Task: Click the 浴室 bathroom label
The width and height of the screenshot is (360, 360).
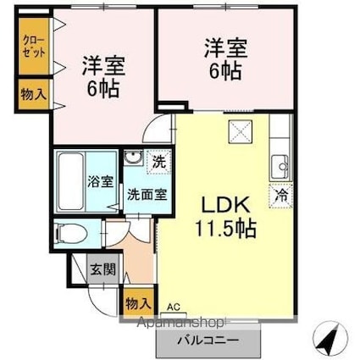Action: (x=96, y=180)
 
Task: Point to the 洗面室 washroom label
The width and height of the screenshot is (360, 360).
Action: (x=146, y=192)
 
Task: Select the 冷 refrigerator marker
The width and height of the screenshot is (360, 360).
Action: (x=280, y=194)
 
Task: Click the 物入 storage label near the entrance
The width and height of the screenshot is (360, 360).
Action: (x=138, y=302)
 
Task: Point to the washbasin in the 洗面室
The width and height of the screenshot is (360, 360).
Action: (x=134, y=158)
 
